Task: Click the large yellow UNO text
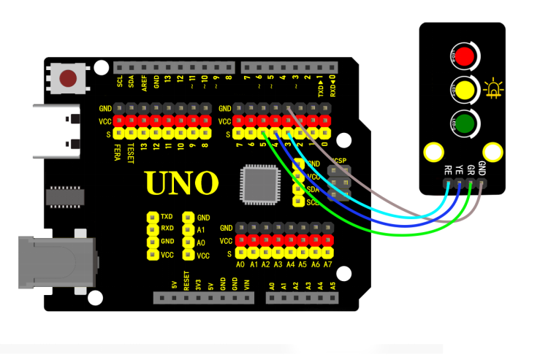[x=181, y=183]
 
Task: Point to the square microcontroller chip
[x=259, y=183]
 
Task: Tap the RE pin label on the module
[x=448, y=169]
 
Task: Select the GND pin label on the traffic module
[x=482, y=167]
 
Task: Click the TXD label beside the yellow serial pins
[x=167, y=218]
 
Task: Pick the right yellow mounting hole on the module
[x=494, y=152]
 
